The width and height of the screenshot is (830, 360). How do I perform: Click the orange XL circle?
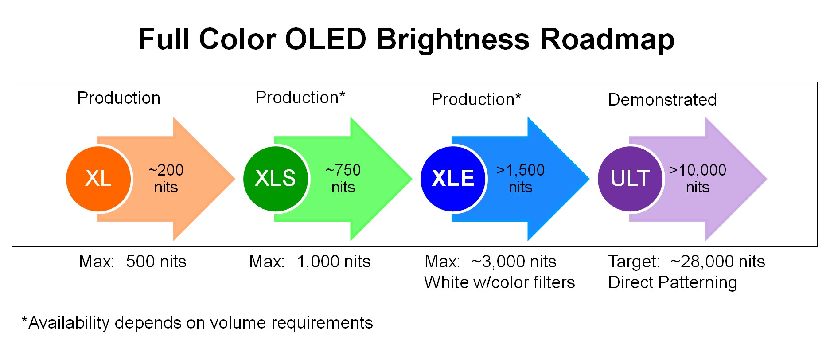tap(99, 179)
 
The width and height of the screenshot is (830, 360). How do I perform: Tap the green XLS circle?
tap(276, 179)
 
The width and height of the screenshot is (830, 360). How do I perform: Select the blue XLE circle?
tap(453, 179)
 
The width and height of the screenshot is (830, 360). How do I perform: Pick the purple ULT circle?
tap(630, 179)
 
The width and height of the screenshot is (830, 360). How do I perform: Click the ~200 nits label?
tap(166, 179)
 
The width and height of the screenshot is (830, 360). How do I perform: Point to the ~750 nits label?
tap(343, 179)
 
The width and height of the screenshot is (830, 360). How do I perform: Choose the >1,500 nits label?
tap(520, 179)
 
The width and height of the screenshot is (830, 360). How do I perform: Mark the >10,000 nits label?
tap(698, 179)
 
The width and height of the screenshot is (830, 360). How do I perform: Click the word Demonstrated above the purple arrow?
tap(662, 100)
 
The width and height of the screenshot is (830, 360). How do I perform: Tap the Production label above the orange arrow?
tap(119, 98)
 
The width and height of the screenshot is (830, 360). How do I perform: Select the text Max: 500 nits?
tap(132, 262)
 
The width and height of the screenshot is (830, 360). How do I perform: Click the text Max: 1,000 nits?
tap(310, 262)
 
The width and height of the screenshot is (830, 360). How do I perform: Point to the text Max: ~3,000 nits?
tap(491, 262)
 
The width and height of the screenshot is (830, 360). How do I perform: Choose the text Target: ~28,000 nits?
tap(686, 262)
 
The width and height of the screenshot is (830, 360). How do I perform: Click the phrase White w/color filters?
tap(499, 282)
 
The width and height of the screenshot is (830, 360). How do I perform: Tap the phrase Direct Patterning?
tap(673, 282)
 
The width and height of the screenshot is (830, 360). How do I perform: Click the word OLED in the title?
tap(326, 39)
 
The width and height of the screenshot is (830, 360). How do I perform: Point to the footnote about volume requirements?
tap(197, 323)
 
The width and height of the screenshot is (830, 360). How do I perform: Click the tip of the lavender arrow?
tap(767, 179)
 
